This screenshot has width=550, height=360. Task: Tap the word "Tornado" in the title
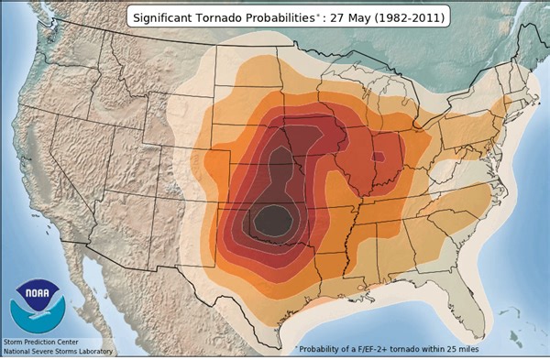pyautogui.click(x=226, y=17)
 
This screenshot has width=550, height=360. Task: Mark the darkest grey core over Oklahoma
pyautogui.click(x=271, y=220)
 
